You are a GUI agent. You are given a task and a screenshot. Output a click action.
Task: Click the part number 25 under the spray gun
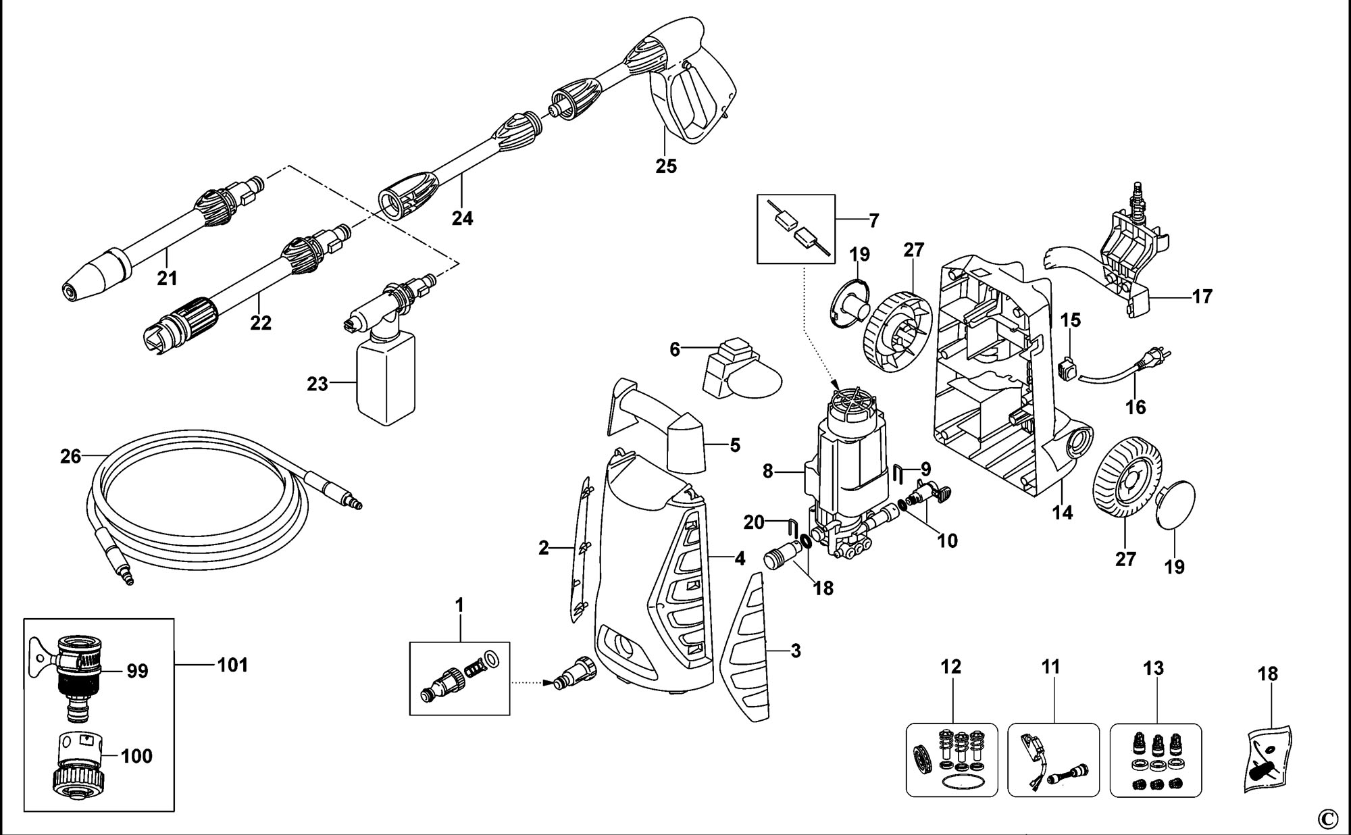pos(665,166)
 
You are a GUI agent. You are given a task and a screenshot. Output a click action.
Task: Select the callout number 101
pos(232,665)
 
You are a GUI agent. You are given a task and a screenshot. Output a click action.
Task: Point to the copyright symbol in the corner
pos(1327,819)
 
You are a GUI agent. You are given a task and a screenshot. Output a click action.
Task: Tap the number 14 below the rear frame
pos(1063,513)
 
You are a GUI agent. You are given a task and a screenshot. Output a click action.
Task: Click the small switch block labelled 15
pos(1067,368)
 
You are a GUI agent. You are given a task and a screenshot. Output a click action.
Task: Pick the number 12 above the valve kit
pos(950,667)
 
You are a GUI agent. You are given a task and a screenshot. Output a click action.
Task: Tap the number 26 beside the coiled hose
pos(70,457)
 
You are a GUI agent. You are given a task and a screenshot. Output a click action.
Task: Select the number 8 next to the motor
pos(767,471)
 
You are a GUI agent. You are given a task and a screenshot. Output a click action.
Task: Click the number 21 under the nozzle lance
pos(167,278)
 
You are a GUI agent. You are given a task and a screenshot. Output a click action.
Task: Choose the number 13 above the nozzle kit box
pos(1154,668)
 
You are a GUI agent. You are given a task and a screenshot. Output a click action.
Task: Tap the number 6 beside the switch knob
pos(674,350)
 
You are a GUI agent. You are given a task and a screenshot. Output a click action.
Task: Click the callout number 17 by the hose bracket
pos(1202,297)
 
